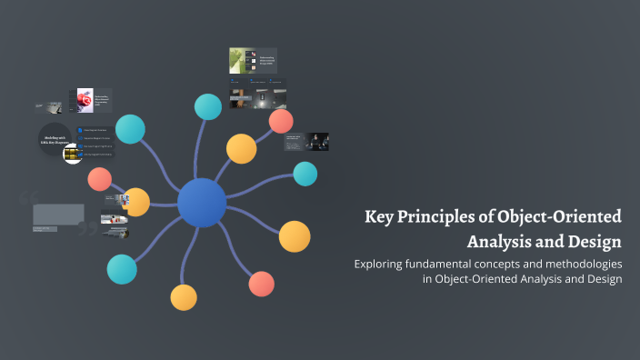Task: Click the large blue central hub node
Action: (x=202, y=203)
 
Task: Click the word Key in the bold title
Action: (x=379, y=217)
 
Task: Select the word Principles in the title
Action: (x=436, y=217)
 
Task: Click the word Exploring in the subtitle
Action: (x=384, y=264)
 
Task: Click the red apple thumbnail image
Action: (x=85, y=99)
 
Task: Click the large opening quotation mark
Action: (x=28, y=198)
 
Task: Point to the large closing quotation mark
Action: (x=86, y=227)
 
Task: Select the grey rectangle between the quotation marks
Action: (x=58, y=214)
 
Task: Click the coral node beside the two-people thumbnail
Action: (x=281, y=121)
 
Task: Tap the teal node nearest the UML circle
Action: (x=130, y=129)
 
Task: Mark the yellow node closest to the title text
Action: (x=295, y=236)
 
